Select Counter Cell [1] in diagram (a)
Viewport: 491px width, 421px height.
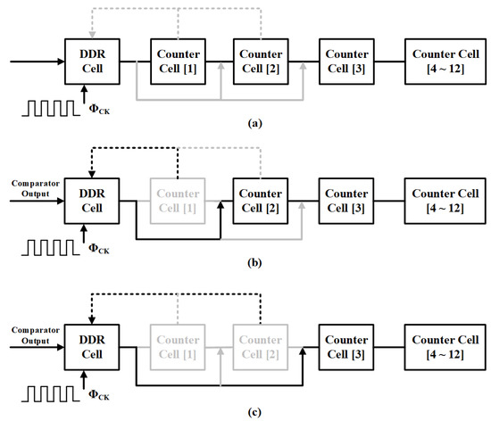177,62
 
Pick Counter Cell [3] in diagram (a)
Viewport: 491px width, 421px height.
343,62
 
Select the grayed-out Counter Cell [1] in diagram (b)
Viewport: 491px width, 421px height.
177,201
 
